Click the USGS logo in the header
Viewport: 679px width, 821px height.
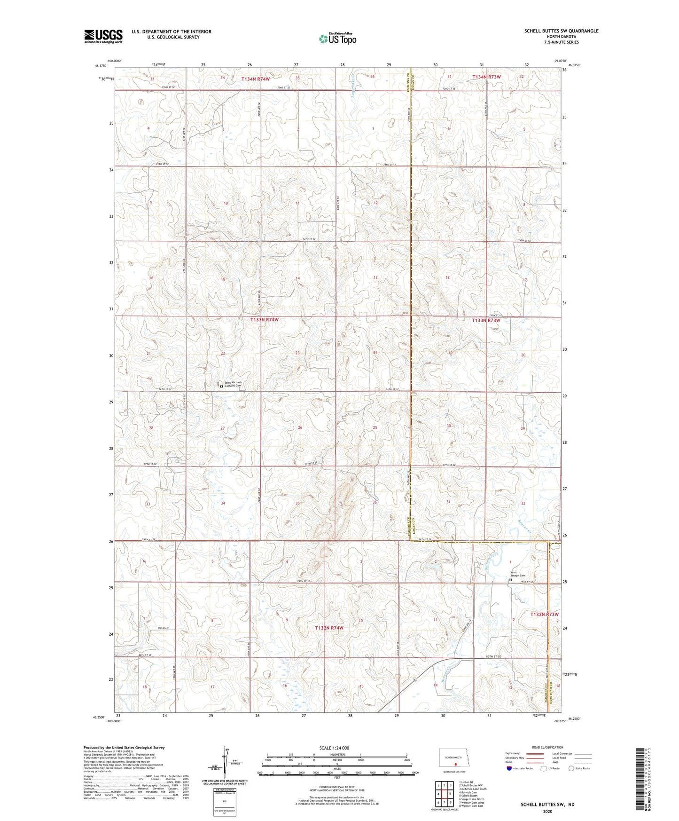pos(103,36)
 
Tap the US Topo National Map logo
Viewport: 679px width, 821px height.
pos(337,38)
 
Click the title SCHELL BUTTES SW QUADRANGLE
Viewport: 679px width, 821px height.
pos(561,31)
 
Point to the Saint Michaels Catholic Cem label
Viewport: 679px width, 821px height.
pos(233,384)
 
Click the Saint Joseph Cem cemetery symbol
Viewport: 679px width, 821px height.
pos(511,580)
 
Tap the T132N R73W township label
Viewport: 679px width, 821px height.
pos(544,615)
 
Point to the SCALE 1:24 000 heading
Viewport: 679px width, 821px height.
pos(337,748)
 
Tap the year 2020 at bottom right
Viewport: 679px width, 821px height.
pos(547,811)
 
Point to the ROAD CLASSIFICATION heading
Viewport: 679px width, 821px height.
pos(547,747)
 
